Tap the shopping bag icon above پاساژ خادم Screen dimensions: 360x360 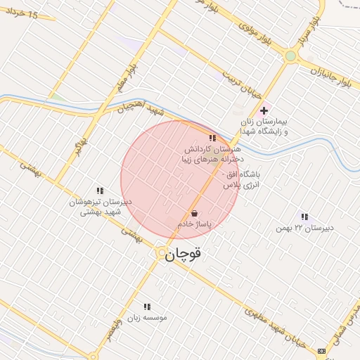(194, 213)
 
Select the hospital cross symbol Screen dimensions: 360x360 (264, 110)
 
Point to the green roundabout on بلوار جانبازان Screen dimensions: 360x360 (291, 56)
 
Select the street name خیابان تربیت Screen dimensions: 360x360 (242, 84)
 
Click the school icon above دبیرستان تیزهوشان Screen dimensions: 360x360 (100, 191)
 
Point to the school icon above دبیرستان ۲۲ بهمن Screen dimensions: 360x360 (304, 217)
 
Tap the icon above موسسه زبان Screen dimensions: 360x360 (147, 307)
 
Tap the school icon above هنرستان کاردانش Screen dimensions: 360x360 (212, 138)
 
